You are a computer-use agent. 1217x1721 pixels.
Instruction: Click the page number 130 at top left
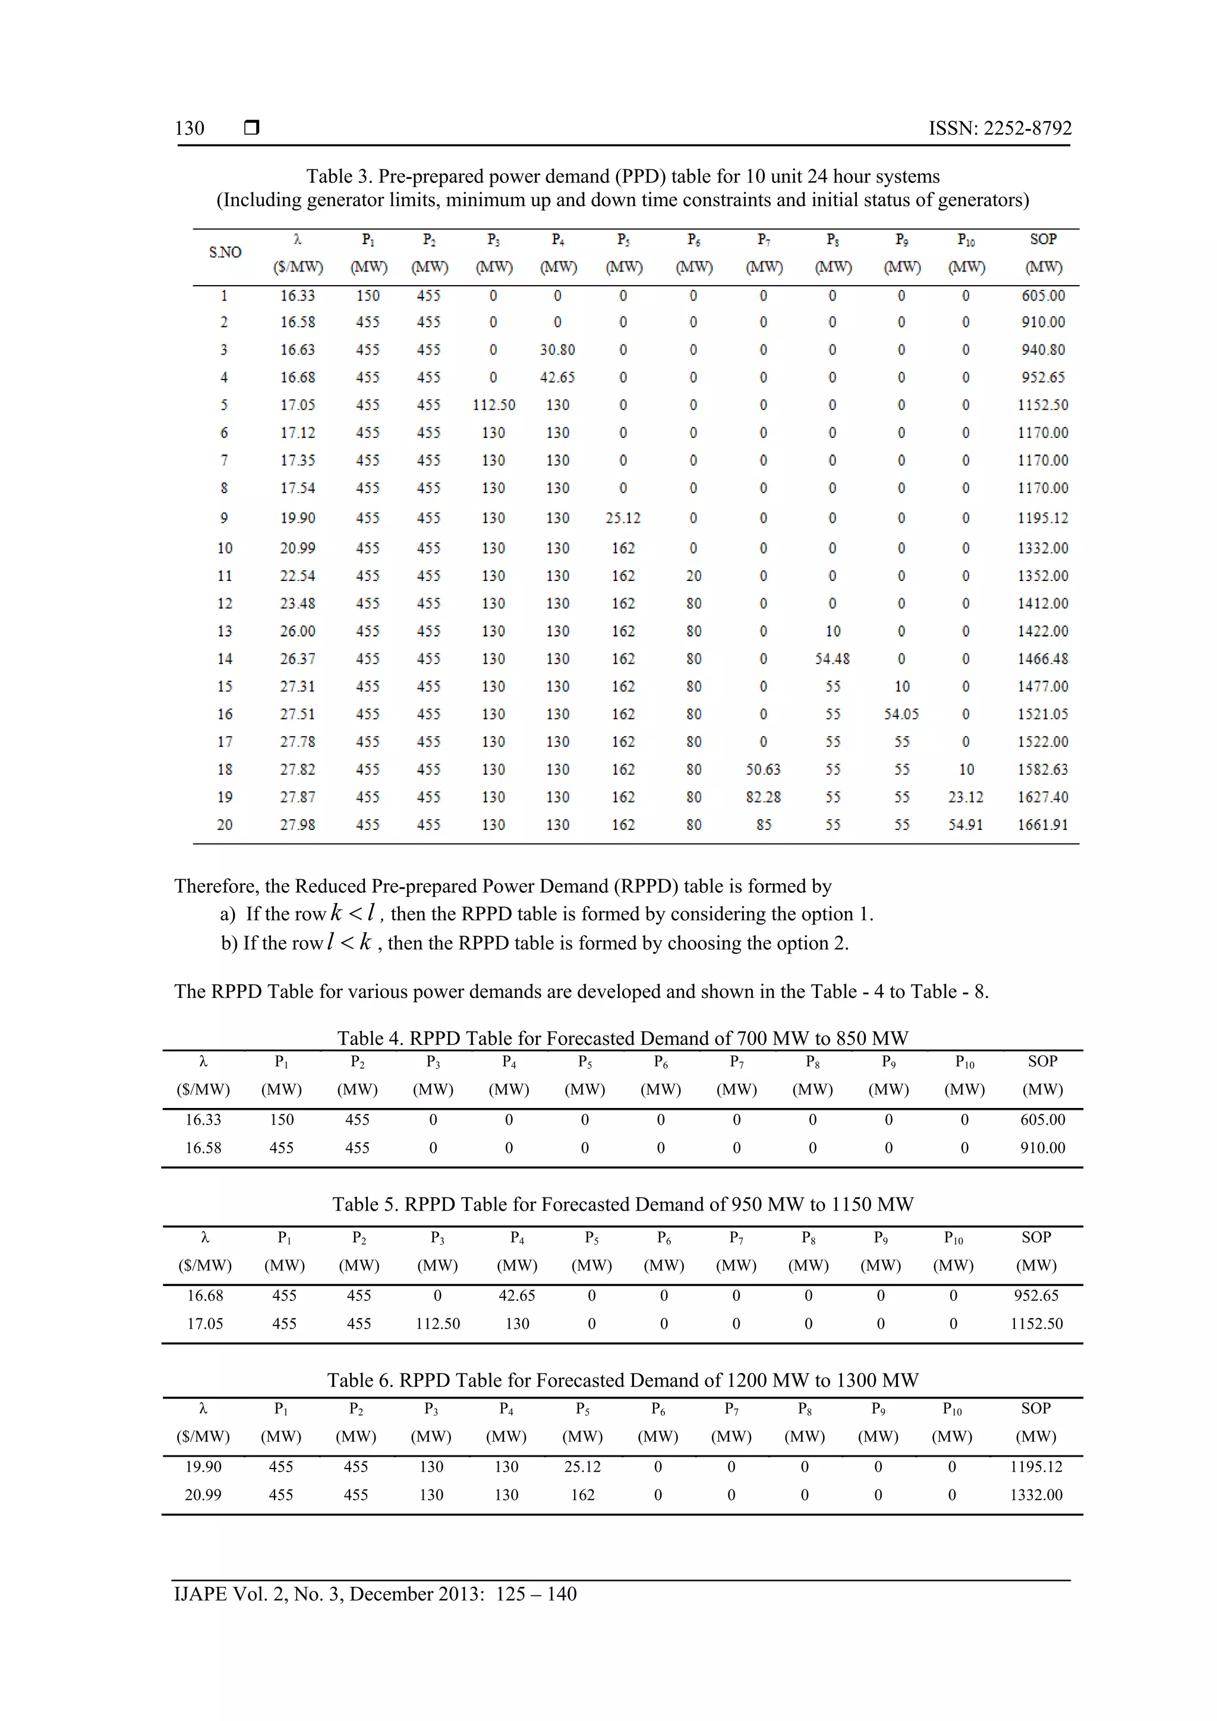pyautogui.click(x=190, y=128)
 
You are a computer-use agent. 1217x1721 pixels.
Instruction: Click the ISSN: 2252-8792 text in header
pyautogui.click(x=1000, y=128)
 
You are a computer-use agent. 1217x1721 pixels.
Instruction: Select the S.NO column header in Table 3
pyautogui.click(x=225, y=252)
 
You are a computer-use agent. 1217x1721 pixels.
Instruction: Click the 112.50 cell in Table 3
pyautogui.click(x=493, y=405)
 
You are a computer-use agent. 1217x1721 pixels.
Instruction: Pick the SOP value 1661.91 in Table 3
pyautogui.click(x=1042, y=825)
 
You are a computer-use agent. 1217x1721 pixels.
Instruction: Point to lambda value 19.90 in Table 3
pyautogui.click(x=298, y=518)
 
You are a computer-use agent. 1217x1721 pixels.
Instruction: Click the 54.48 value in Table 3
pyautogui.click(x=833, y=659)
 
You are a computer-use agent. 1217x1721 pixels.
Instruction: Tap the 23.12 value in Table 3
pyautogui.click(x=965, y=797)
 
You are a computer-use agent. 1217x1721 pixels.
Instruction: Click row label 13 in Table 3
pyautogui.click(x=225, y=631)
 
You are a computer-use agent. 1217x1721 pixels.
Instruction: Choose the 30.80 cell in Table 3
pyautogui.click(x=557, y=349)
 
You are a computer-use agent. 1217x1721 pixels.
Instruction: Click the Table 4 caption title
pyautogui.click(x=622, y=1038)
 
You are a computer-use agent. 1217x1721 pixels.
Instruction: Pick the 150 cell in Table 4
pyautogui.click(x=282, y=1119)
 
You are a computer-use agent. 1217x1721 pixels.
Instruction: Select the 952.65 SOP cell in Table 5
pyautogui.click(x=1036, y=1295)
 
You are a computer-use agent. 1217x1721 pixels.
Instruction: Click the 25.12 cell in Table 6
pyautogui.click(x=582, y=1466)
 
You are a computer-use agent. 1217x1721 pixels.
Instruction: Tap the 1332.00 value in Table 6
pyautogui.click(x=1036, y=1495)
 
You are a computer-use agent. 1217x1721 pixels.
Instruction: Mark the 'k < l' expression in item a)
pyautogui.click(x=353, y=913)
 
